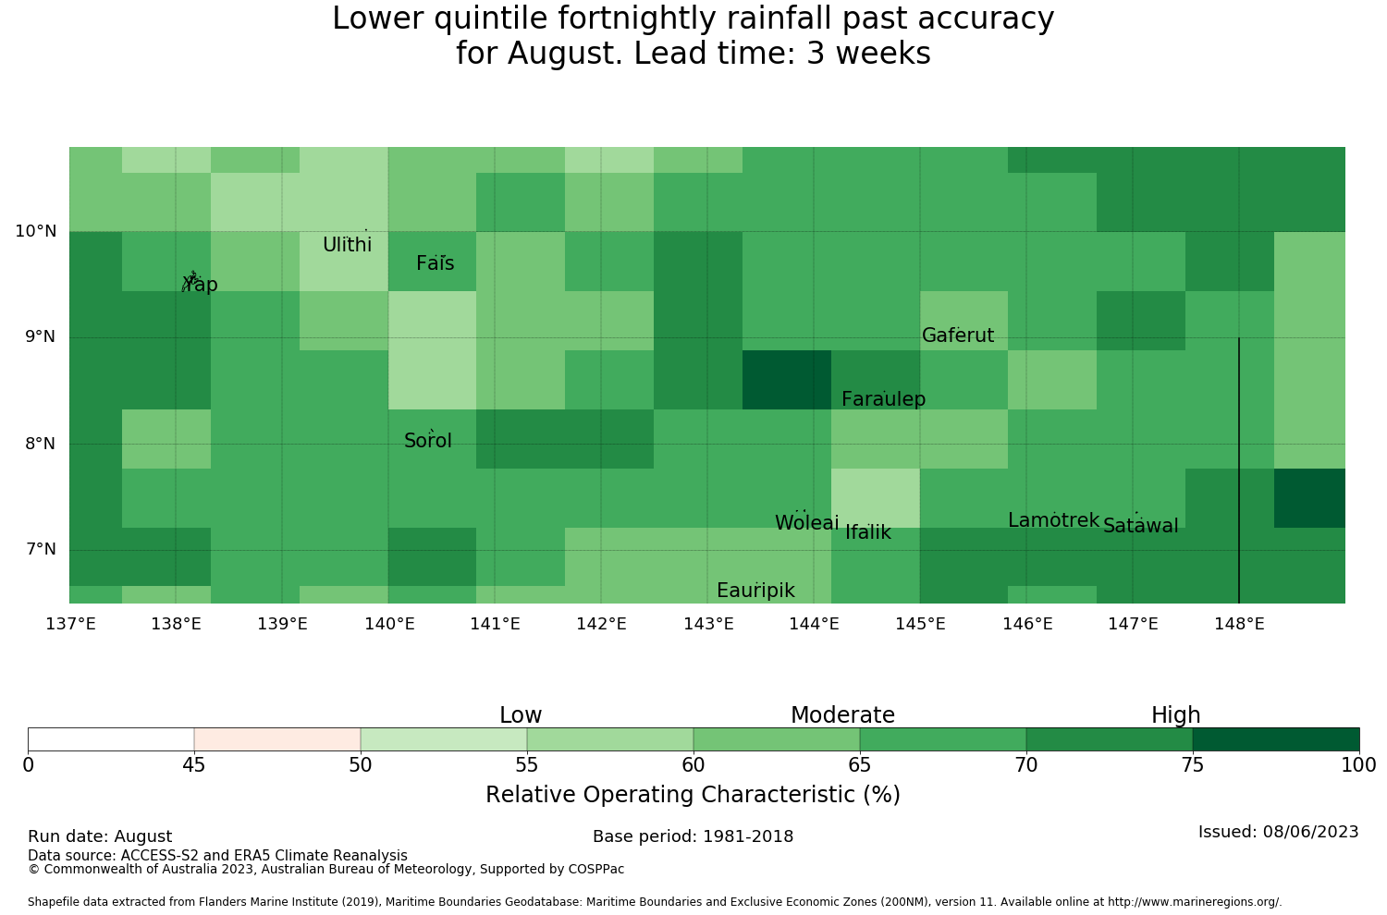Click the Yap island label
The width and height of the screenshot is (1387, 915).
200,285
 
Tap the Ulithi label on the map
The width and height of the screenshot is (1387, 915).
348,245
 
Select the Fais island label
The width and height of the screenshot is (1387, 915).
436,263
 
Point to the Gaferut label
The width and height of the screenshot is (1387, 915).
958,335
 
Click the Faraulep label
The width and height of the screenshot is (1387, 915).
884,399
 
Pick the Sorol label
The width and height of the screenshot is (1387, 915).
428,441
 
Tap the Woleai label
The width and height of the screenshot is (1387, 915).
807,522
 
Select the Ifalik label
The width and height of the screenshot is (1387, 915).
868,532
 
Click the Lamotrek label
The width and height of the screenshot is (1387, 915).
1054,520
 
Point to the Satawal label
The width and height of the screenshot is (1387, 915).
1140,526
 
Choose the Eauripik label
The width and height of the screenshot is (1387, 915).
755,591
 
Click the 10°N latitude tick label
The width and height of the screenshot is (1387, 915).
36,232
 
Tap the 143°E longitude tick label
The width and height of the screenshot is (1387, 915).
708,624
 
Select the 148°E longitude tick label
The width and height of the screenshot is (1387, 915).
1239,624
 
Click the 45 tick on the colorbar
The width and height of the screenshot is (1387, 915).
194,766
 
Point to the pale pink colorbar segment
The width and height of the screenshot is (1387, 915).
277,739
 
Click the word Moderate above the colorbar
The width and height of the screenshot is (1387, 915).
842,715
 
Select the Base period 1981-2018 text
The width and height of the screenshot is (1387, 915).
693,837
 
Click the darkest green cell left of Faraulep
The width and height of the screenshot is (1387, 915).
787,380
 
